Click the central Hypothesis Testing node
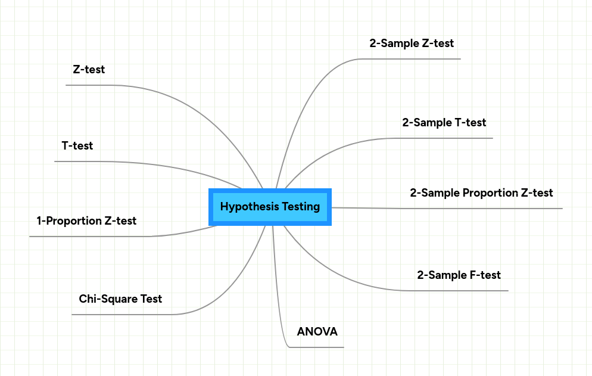(270, 207)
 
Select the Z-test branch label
(89, 70)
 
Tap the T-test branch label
(77, 145)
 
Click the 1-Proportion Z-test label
(86, 221)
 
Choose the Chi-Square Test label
(120, 299)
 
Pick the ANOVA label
(317, 332)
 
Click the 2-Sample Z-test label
(412, 43)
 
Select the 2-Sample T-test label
(444, 123)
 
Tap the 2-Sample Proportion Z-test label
(481, 193)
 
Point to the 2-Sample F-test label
(459, 275)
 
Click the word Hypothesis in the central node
(247, 207)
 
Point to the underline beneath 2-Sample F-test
(465, 291)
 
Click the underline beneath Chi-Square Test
(119, 314)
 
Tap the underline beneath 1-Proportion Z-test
(89, 237)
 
